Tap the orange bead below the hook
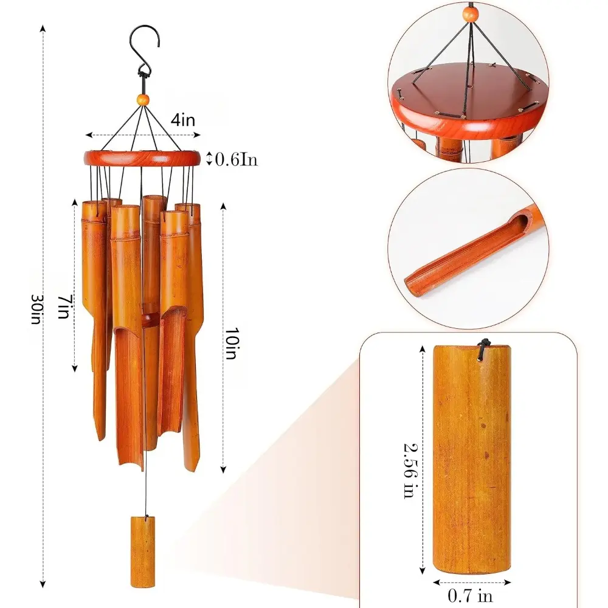(x=143, y=99)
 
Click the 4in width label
(x=183, y=120)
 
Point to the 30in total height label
(x=37, y=309)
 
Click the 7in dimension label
(x=65, y=306)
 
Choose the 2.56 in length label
(x=410, y=471)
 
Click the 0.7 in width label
(x=470, y=595)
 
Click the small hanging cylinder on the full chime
(x=143, y=551)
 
